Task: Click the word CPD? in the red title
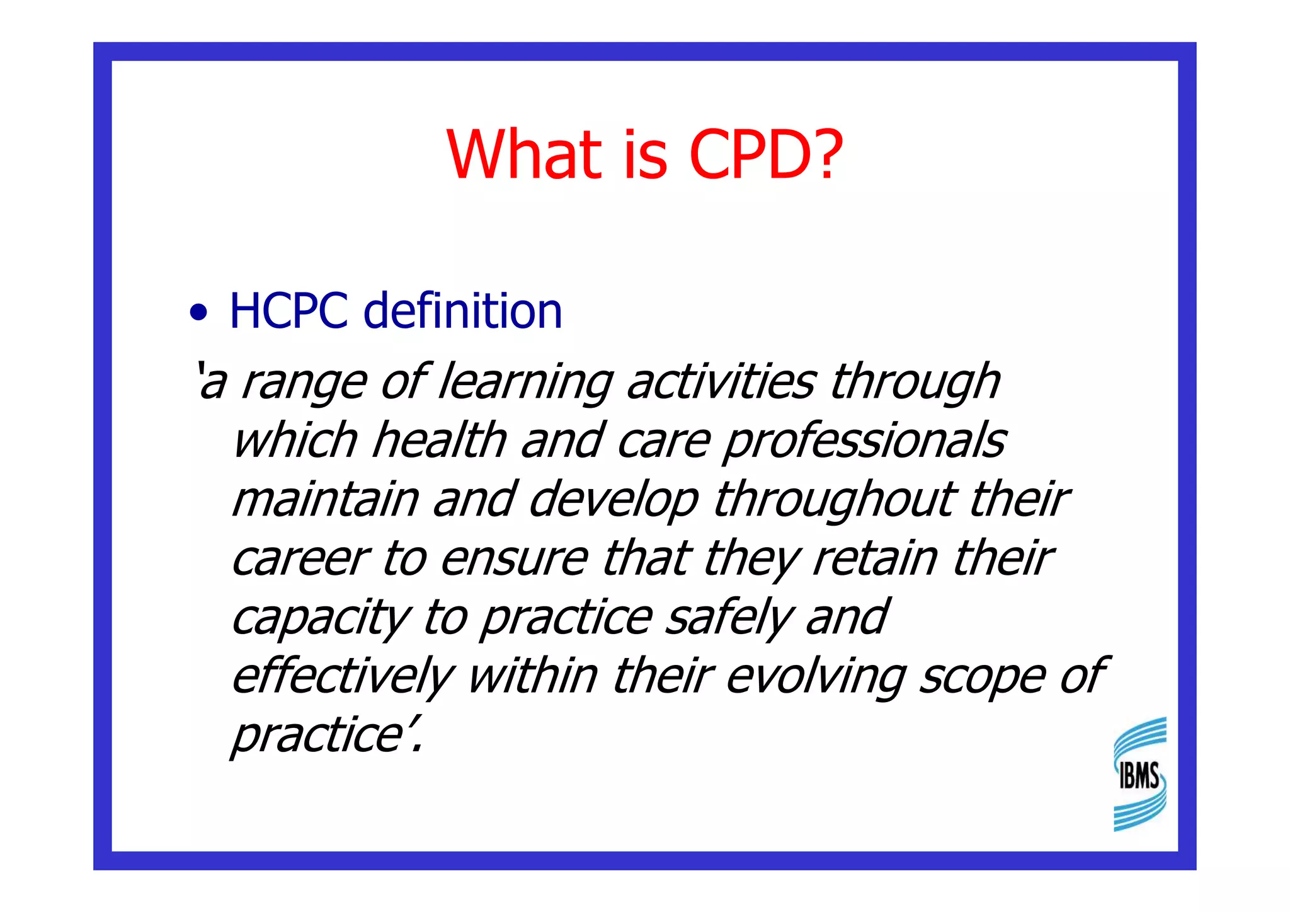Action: [x=765, y=154]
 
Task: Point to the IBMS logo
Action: [x=1139, y=774]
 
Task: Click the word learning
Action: [x=525, y=383]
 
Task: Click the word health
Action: [x=439, y=440]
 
